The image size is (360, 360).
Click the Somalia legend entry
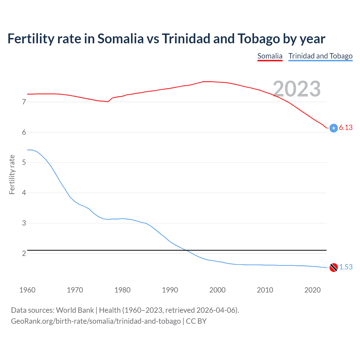(270, 56)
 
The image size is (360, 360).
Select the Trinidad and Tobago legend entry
(320, 56)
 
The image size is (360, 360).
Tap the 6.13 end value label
(346, 127)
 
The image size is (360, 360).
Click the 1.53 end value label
(346, 267)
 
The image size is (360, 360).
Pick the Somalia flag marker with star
(334, 128)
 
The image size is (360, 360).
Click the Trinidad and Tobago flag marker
(334, 267)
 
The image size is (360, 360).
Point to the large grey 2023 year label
(297, 89)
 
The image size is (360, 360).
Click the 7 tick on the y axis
(24, 102)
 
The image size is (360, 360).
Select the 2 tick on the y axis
(24, 253)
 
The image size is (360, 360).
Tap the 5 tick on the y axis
(24, 163)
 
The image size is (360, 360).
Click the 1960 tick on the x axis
(27, 290)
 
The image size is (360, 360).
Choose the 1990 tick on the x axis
(170, 290)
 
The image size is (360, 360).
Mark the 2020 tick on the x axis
(312, 290)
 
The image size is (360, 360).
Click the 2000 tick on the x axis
(217, 290)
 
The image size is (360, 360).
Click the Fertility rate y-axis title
(12, 174)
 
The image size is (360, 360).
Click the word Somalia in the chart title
(120, 39)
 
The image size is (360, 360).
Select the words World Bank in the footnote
(75, 310)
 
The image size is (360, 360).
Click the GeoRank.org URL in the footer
(96, 321)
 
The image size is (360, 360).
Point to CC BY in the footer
(196, 321)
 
